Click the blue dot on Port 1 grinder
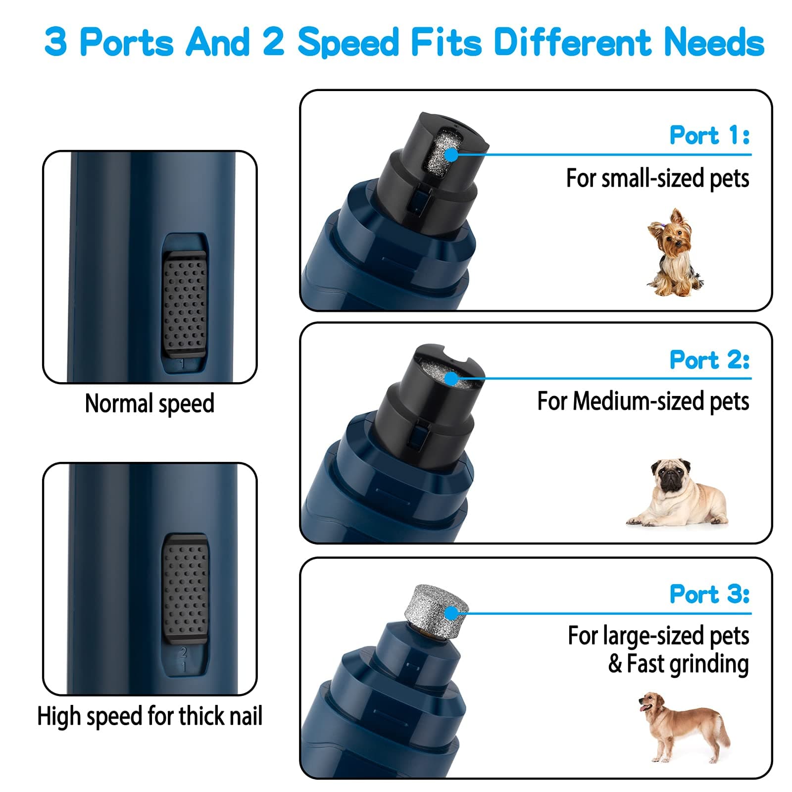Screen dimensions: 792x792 click(x=451, y=155)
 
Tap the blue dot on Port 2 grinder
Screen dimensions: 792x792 click(x=451, y=379)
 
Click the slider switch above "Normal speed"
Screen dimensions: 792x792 click(x=184, y=304)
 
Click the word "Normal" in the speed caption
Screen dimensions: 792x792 click(x=118, y=403)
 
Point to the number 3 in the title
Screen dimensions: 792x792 click(x=55, y=42)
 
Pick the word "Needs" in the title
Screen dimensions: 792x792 click(x=714, y=42)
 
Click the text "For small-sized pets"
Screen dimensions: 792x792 click(x=657, y=178)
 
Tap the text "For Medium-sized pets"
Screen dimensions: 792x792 click(x=643, y=401)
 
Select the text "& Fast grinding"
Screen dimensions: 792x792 click(x=678, y=664)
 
